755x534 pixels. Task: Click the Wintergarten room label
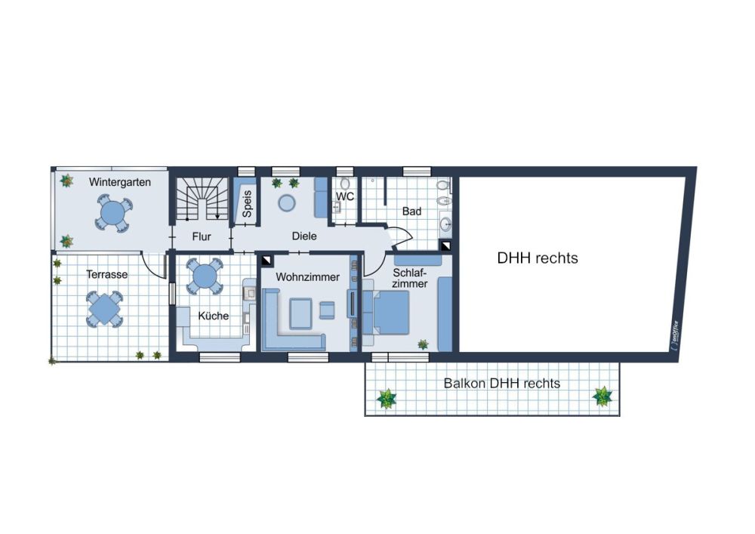(x=120, y=183)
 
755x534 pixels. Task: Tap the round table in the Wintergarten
(x=114, y=213)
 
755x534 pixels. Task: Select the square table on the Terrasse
(x=104, y=309)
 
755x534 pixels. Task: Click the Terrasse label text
(x=107, y=274)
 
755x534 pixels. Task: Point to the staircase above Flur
(x=202, y=199)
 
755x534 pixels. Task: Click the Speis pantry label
(x=247, y=204)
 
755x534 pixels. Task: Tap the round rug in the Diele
(x=287, y=202)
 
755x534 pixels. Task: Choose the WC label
(x=345, y=196)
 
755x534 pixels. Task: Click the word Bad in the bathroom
(x=411, y=211)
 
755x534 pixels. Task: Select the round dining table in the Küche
(x=205, y=276)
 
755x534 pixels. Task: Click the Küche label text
(x=214, y=316)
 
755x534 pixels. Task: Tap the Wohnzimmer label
(x=308, y=277)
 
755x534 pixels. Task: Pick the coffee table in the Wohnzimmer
(x=301, y=313)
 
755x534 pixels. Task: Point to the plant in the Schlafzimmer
(x=423, y=344)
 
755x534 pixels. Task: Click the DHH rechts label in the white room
(x=538, y=258)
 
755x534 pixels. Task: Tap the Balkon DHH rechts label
(x=502, y=384)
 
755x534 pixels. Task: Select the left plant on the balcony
(x=386, y=399)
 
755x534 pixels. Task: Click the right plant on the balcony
(x=602, y=397)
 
